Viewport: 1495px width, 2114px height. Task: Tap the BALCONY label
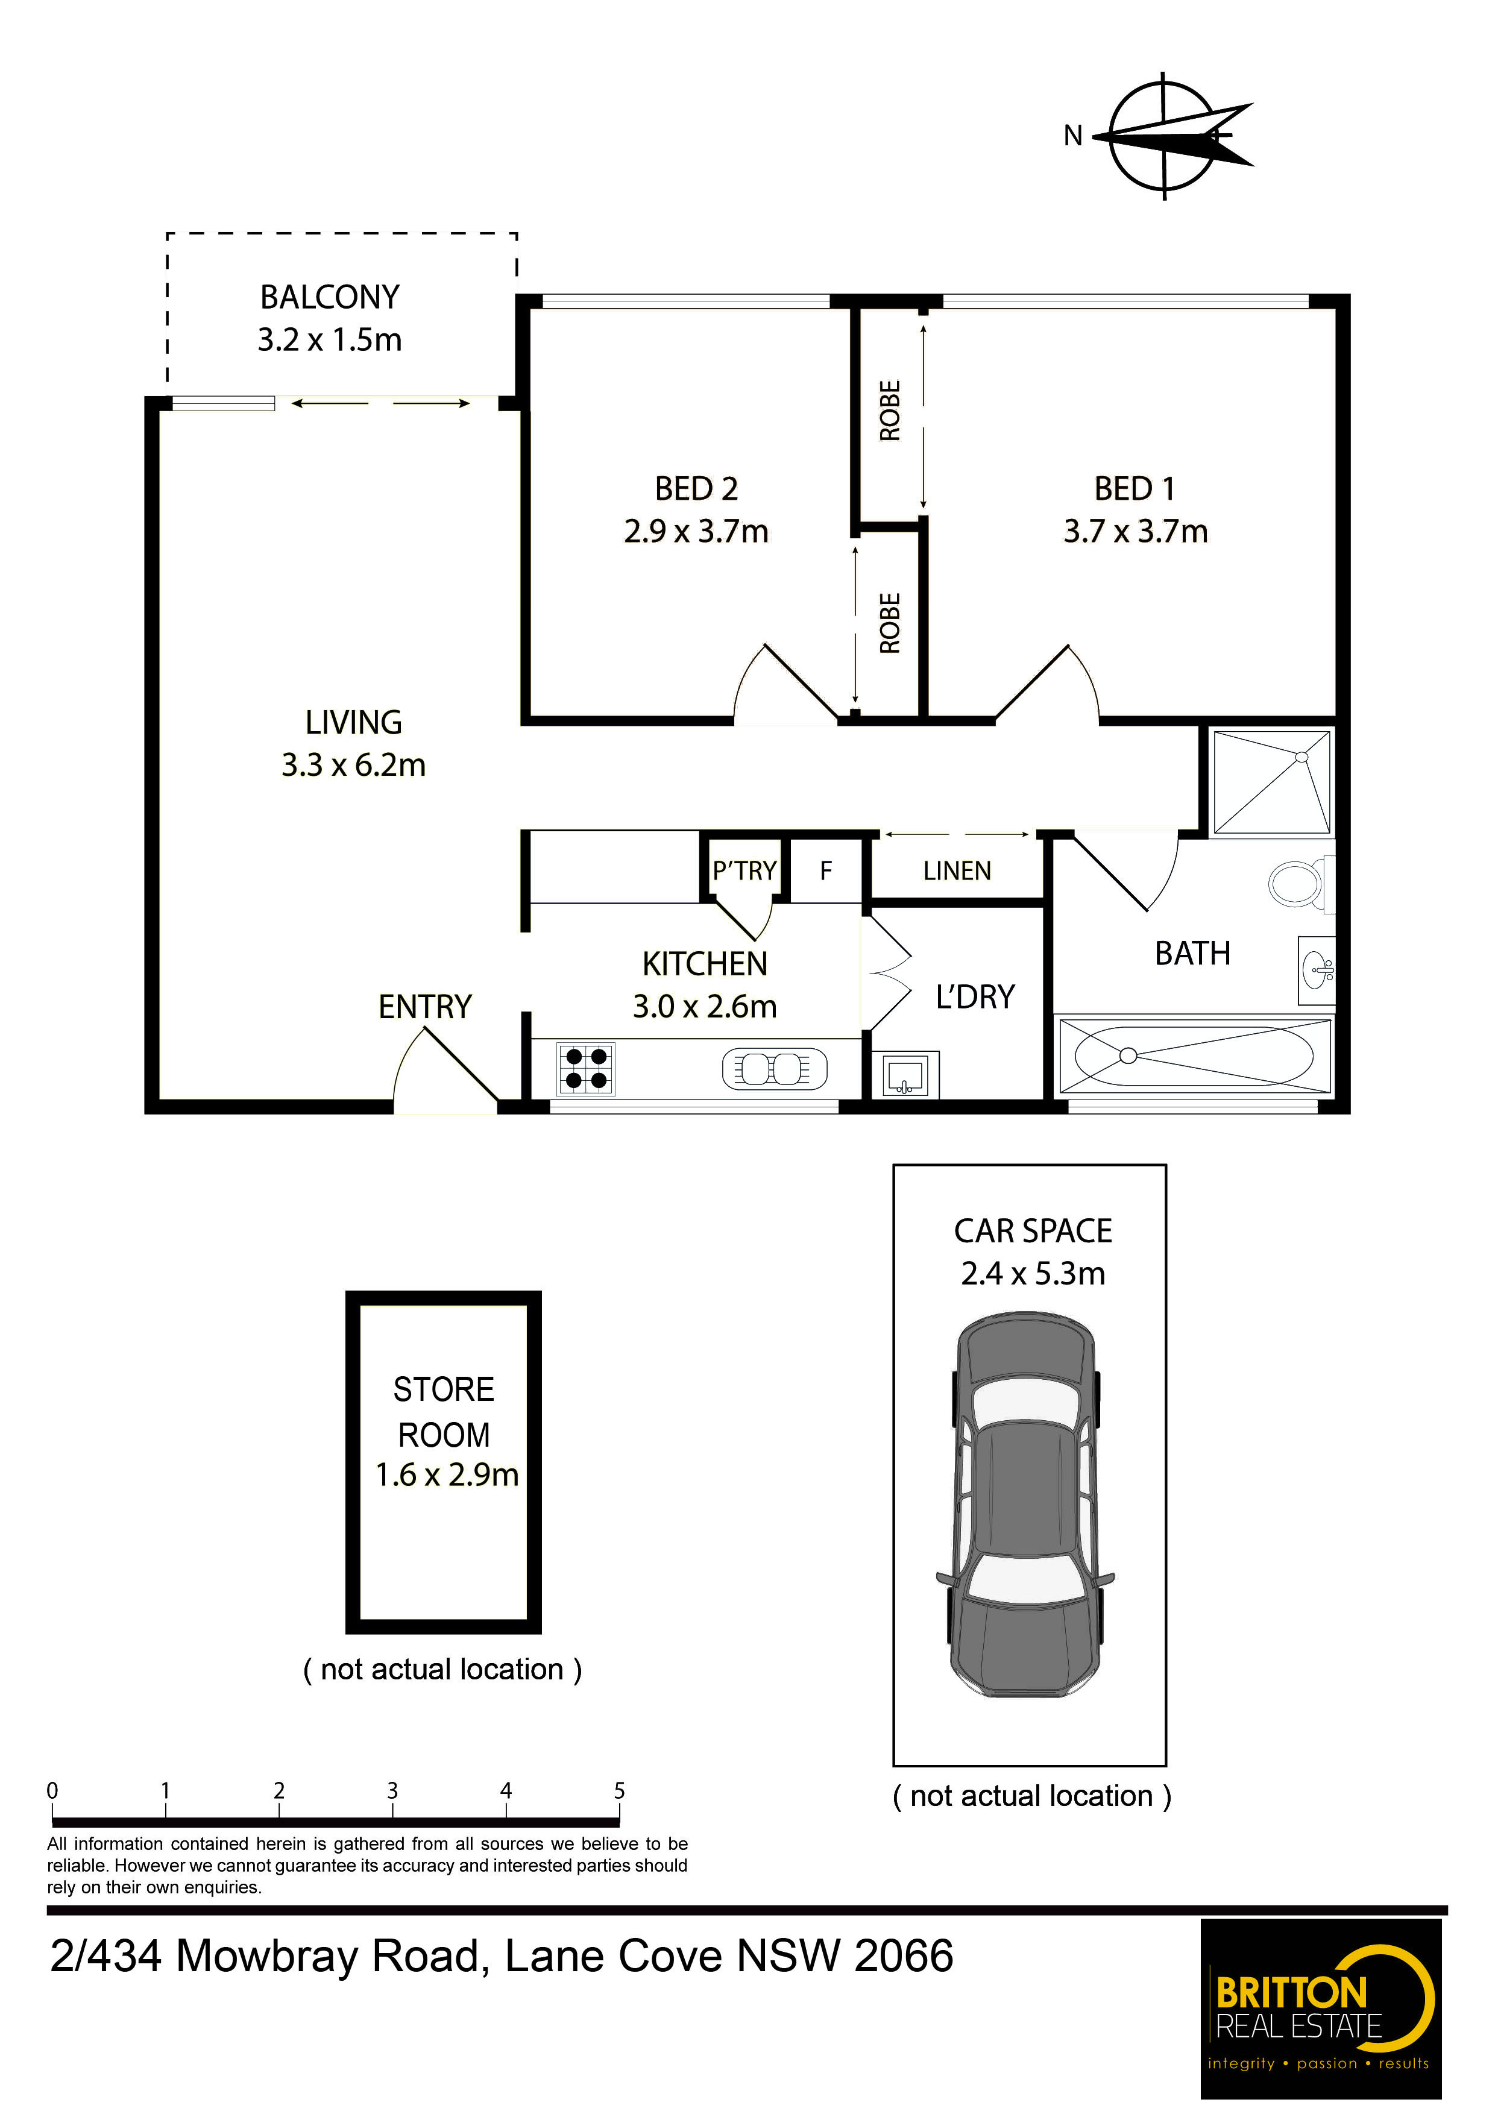330,297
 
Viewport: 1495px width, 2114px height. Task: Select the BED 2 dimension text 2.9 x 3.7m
696,531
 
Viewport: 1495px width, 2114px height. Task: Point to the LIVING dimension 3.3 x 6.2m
353,765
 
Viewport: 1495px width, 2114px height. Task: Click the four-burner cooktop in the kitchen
585,1069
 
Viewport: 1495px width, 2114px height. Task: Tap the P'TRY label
744,871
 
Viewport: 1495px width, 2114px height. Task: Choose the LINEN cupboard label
957,871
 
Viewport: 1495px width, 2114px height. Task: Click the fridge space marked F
826,871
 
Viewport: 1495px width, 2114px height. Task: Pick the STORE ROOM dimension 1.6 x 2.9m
447,1475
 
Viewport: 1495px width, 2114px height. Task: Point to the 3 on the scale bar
392,1791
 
